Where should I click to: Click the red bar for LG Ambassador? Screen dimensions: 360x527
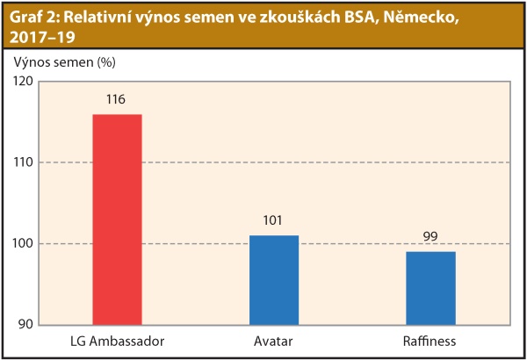point(117,219)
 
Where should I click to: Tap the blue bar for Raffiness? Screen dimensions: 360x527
point(430,287)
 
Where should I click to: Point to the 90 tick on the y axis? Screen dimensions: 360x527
point(24,324)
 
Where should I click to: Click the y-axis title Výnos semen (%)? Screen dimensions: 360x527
point(65,62)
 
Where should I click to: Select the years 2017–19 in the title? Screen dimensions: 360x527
point(39,39)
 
